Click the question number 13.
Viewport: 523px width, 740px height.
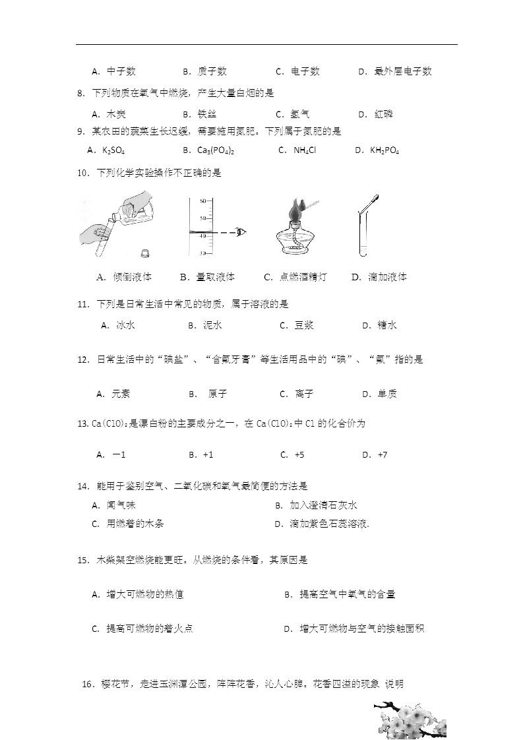tap(82, 423)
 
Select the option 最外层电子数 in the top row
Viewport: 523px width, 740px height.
tap(403, 71)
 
